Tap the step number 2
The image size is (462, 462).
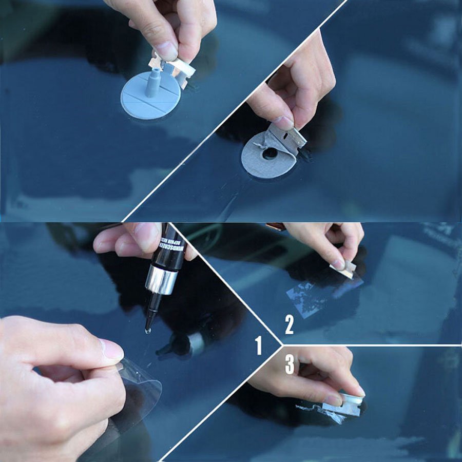[290, 325]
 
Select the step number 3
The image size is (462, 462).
[290, 364]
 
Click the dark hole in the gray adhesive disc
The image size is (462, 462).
[269, 153]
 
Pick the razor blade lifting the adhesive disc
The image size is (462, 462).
[291, 139]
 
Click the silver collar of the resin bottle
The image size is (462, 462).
[161, 280]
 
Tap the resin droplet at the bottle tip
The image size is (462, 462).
[148, 332]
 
